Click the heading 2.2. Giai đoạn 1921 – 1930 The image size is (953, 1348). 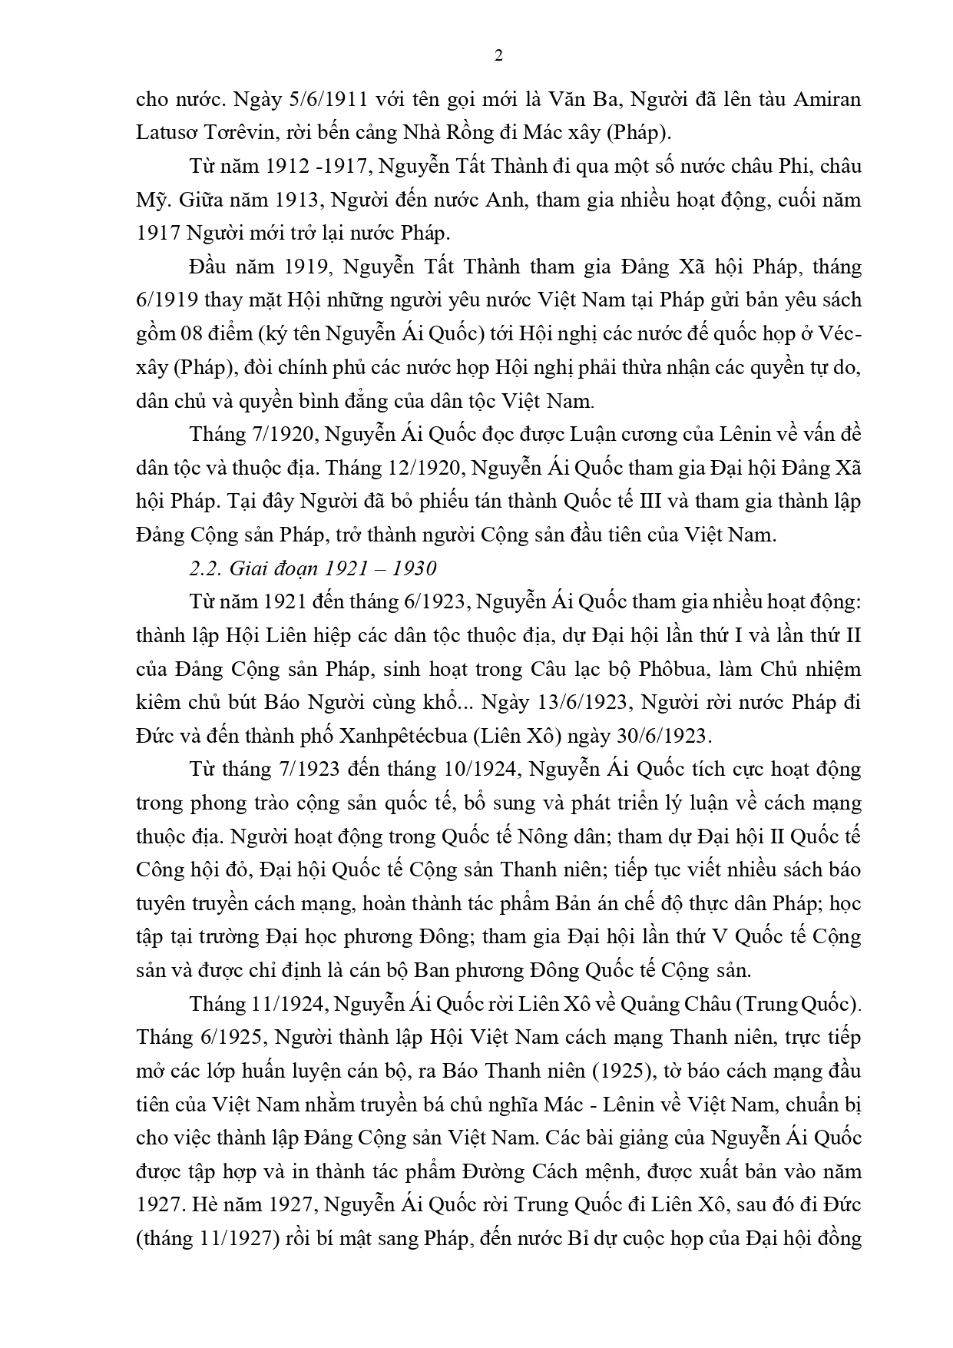(313, 568)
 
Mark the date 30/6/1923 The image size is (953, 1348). (661, 736)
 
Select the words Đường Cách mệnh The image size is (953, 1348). (551, 1171)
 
